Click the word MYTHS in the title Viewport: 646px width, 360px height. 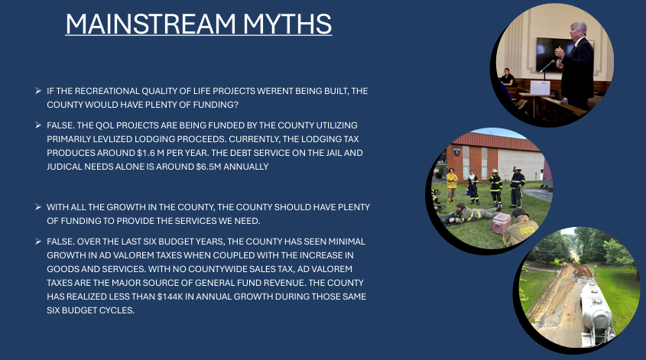tap(287, 24)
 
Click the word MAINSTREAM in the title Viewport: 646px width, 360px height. tap(151, 24)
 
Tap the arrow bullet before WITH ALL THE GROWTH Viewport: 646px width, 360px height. tap(38, 207)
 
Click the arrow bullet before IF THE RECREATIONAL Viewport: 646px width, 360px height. tap(38, 91)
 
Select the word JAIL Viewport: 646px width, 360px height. tap(334, 153)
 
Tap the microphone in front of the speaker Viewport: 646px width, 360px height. tap(547, 66)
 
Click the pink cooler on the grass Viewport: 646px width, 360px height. tap(502, 223)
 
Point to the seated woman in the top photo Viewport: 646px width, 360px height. tap(506, 77)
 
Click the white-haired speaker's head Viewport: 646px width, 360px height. tap(579, 31)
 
